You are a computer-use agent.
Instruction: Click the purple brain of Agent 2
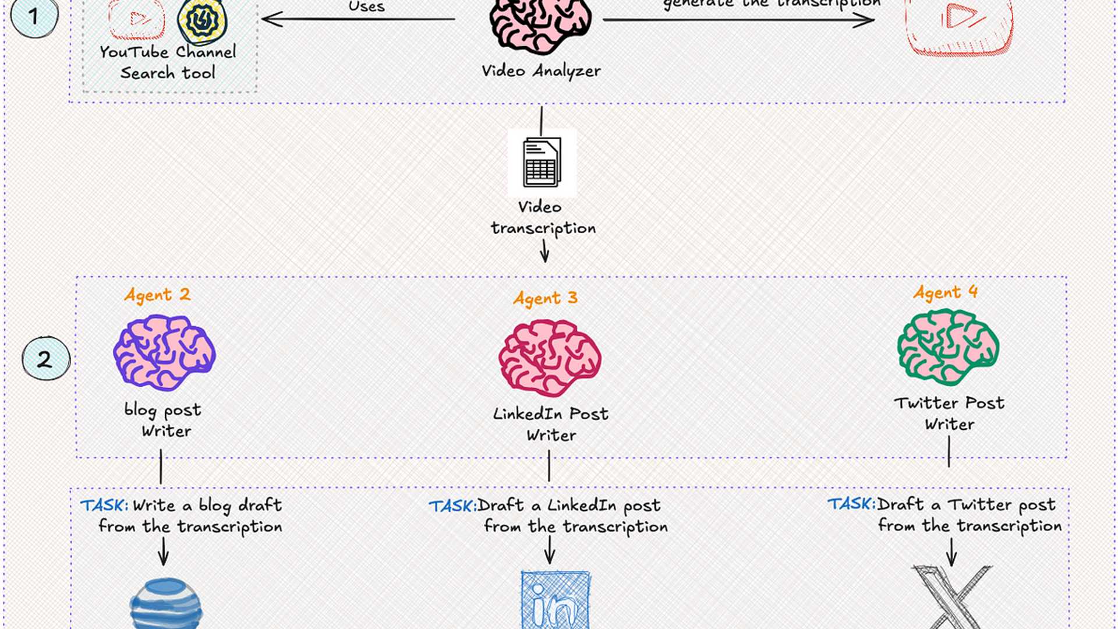pyautogui.click(x=164, y=352)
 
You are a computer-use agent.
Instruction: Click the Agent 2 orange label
pyautogui.click(x=157, y=295)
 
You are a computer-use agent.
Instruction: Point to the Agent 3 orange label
pyautogui.click(x=545, y=298)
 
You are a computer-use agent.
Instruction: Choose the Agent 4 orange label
pyautogui.click(x=944, y=292)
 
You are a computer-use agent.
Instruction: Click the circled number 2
pyautogui.click(x=45, y=359)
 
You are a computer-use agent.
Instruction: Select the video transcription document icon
pyautogui.click(x=542, y=162)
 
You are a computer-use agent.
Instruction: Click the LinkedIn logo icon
pyautogui.click(x=555, y=600)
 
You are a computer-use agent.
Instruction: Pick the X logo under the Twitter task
pyautogui.click(x=951, y=597)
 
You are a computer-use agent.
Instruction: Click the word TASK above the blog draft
pyautogui.click(x=104, y=505)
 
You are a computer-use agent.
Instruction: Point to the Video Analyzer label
pyautogui.click(x=541, y=71)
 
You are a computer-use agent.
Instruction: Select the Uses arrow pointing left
pyautogui.click(x=358, y=19)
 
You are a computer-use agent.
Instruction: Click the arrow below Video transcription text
pyautogui.click(x=544, y=251)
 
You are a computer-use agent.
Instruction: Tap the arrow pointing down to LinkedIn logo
pyautogui.click(x=549, y=549)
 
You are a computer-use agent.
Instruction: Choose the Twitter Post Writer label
pyautogui.click(x=949, y=413)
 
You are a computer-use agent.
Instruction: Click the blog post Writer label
pyautogui.click(x=164, y=420)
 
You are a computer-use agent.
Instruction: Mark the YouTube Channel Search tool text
pyautogui.click(x=168, y=62)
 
